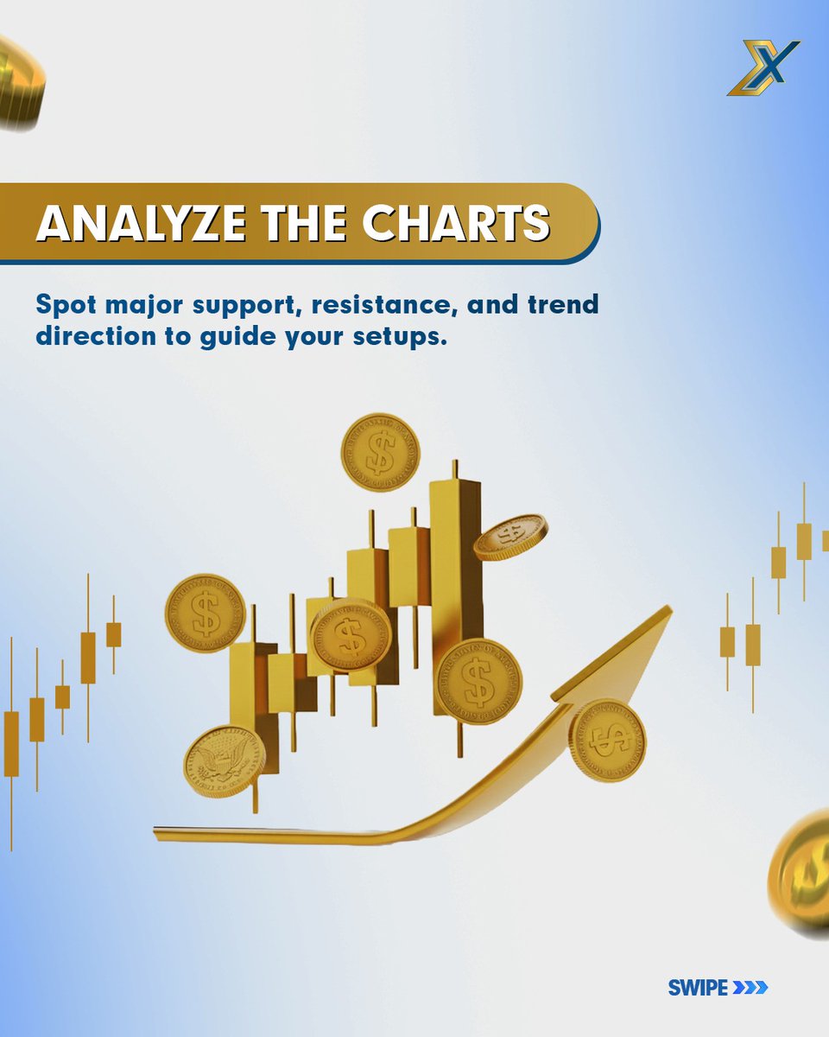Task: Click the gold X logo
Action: [764, 67]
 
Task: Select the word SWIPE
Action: [698, 987]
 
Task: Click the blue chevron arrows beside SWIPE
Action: [750, 987]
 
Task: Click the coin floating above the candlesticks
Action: [380, 453]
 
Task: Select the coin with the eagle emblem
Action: [225, 761]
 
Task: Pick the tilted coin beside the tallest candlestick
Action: [510, 537]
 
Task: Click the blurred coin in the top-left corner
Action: [19, 82]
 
